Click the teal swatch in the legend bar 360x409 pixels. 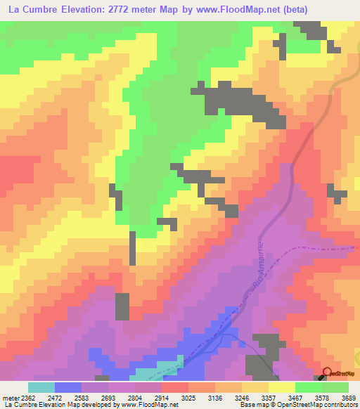pyautogui.click(x=41, y=387)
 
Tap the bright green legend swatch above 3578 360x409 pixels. pyautogui.click(x=308, y=387)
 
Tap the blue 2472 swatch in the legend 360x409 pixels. pyautogui.click(x=68, y=387)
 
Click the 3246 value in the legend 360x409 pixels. pyautogui.click(x=229, y=398)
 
